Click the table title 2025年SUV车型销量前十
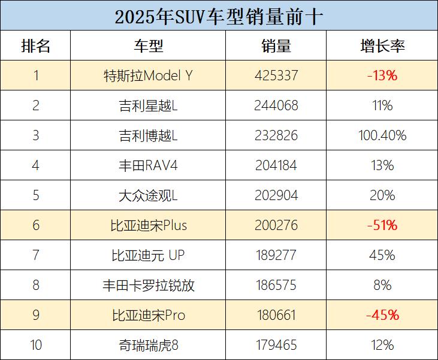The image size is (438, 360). [x=219, y=16]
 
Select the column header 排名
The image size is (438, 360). [x=35, y=46]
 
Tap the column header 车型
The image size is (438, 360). [x=148, y=46]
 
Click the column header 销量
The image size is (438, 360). [x=276, y=46]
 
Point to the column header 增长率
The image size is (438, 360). [x=382, y=46]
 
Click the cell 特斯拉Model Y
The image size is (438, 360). [x=148, y=76]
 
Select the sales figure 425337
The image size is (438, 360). [x=276, y=76]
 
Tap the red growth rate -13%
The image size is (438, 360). [x=382, y=76]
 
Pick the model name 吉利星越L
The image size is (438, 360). [x=148, y=106]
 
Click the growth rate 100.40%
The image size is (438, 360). [x=382, y=136]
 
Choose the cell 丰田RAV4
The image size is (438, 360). [x=148, y=165]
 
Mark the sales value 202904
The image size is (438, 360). [x=276, y=195]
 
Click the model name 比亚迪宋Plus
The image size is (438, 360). [x=148, y=225]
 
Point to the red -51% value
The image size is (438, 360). [x=382, y=225]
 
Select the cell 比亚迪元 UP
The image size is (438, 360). [x=148, y=255]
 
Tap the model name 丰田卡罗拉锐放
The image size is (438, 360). [x=148, y=285]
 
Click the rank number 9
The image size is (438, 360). [x=35, y=315]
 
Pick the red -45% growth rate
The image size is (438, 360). [x=382, y=315]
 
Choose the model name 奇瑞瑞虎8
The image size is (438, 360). [x=148, y=345]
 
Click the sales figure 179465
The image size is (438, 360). [x=276, y=345]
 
